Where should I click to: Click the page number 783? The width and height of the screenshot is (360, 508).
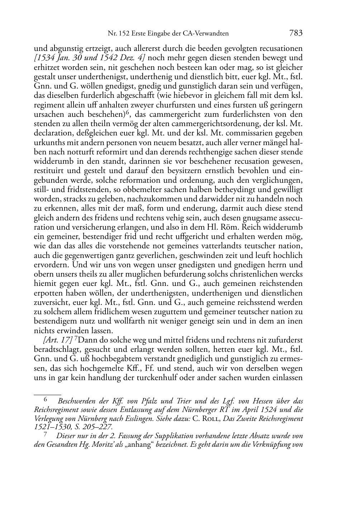coord(296,33)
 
